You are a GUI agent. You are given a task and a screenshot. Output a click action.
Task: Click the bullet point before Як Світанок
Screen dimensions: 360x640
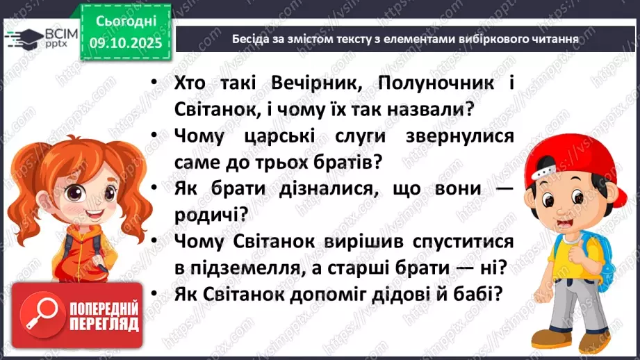coord(151,294)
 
